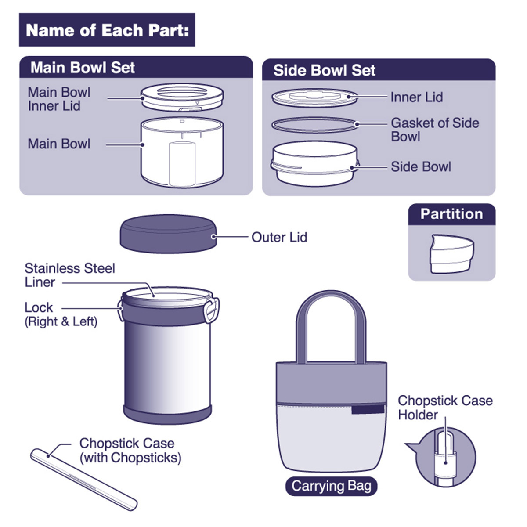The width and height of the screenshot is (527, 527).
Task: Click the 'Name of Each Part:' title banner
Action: click(107, 30)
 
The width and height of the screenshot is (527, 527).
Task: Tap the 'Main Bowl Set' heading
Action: click(83, 68)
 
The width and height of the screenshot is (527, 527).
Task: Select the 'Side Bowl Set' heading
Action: click(324, 70)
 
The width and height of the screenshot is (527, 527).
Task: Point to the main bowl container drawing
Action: click(182, 152)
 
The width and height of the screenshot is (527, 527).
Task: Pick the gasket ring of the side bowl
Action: click(314, 125)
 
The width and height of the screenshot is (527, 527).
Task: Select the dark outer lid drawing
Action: click(168, 233)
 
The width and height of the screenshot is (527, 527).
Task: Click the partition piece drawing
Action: click(451, 254)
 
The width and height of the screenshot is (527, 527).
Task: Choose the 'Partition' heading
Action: click(451, 214)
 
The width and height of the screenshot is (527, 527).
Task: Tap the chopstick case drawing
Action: click(83, 479)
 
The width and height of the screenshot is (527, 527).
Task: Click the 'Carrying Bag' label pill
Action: click(331, 486)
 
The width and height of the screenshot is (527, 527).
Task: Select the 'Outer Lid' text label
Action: click(279, 237)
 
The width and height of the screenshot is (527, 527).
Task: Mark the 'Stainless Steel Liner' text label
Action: click(69, 275)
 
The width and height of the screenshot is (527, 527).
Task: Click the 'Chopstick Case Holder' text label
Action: click(444, 408)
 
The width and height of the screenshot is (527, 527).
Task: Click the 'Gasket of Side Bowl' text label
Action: click(434, 130)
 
